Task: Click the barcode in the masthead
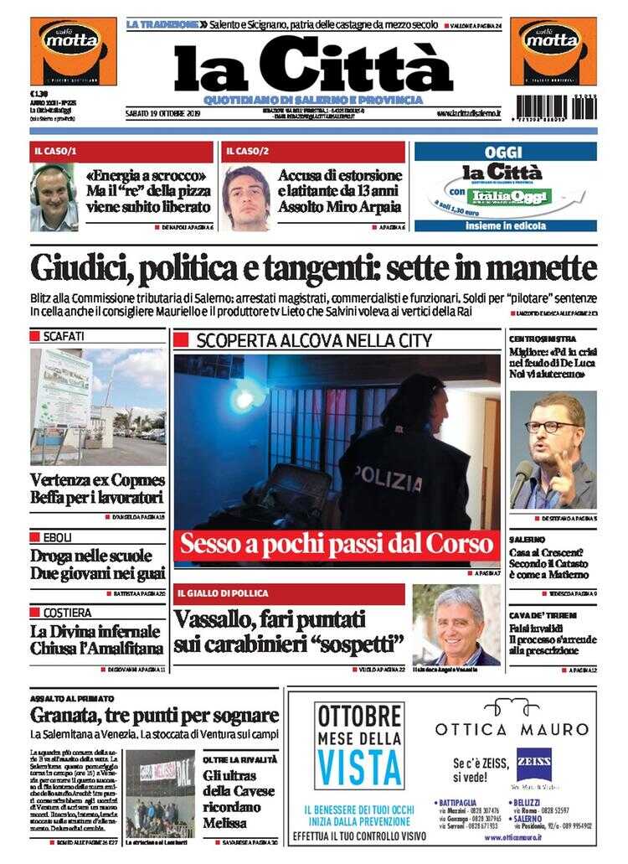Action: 556,107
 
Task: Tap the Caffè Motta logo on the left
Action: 73,50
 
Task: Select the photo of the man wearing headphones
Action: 54,197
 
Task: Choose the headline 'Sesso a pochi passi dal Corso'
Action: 336,545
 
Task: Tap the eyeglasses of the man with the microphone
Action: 545,427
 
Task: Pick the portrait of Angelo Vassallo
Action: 456,625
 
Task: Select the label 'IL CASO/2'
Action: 247,152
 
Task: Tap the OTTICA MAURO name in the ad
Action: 512,729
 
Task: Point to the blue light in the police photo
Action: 248,396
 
